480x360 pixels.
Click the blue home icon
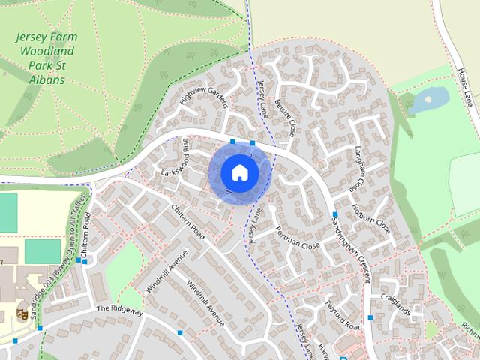click(x=239, y=173)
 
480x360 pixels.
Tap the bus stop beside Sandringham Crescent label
click(x=334, y=215)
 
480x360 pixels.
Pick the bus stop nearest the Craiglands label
click(x=370, y=317)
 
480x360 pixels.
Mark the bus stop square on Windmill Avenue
click(x=180, y=331)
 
